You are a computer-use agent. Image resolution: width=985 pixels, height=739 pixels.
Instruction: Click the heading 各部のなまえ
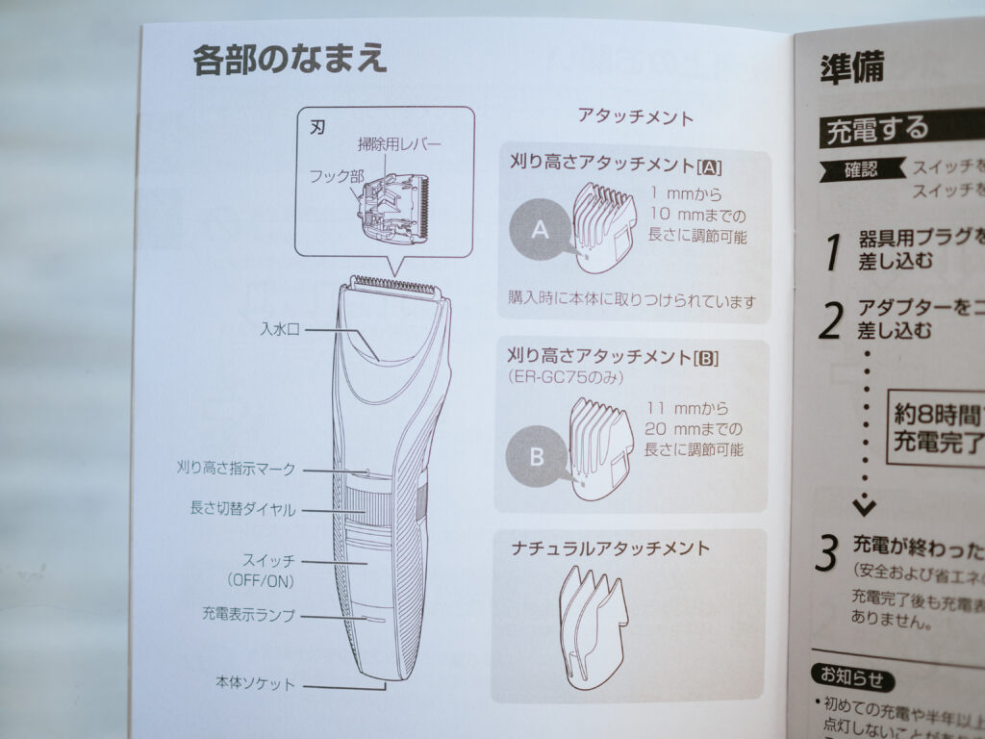click(x=290, y=61)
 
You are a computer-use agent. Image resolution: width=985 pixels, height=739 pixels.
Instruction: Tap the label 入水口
click(x=280, y=330)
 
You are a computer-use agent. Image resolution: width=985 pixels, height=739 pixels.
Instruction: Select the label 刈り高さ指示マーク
click(x=237, y=470)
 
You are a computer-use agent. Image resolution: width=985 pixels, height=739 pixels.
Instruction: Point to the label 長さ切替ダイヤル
click(x=242, y=509)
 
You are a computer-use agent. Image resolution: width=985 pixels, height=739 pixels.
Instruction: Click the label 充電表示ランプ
click(x=248, y=614)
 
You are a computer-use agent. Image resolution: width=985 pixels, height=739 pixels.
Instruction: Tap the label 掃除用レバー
click(x=399, y=144)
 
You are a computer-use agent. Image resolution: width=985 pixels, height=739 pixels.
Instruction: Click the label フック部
click(x=337, y=176)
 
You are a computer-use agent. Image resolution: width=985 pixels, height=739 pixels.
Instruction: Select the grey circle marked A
click(x=540, y=229)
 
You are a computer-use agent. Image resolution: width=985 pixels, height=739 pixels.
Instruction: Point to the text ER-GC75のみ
click(x=565, y=377)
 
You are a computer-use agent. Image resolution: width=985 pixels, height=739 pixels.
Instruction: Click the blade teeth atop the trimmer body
click(x=394, y=286)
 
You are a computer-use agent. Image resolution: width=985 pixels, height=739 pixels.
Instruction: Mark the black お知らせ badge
click(x=850, y=678)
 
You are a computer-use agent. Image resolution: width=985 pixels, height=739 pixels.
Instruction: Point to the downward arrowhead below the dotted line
click(x=865, y=504)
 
